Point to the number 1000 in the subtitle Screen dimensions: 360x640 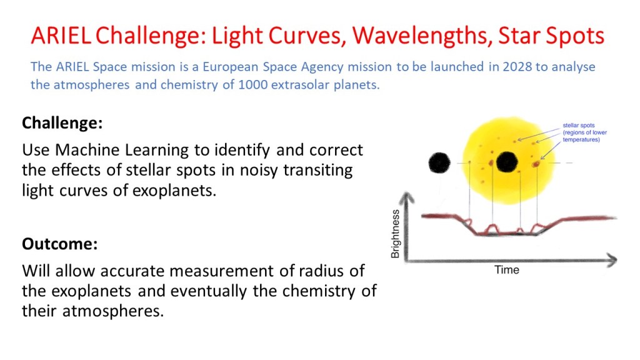click(257, 85)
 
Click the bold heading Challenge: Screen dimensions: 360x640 click(62, 123)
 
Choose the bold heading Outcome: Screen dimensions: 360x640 click(59, 244)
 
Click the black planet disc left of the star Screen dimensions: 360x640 click(440, 163)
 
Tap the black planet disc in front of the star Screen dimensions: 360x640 click(506, 162)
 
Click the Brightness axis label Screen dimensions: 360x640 click(395, 234)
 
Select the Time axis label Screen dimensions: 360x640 click(506, 270)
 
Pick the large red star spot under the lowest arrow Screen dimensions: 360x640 click(536, 164)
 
